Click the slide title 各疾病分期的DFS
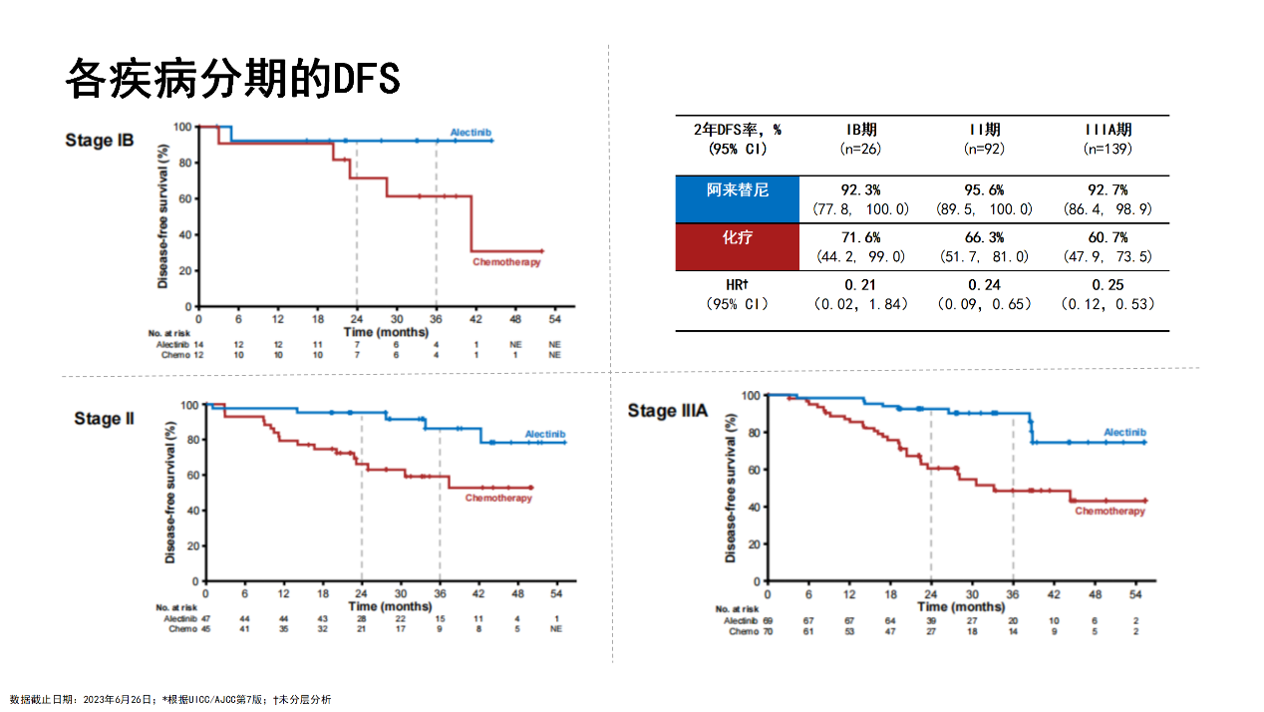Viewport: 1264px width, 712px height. tap(232, 78)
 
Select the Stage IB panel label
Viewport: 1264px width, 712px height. tap(100, 141)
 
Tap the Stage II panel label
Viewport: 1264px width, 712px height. tap(104, 419)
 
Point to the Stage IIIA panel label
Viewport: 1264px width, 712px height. tap(668, 411)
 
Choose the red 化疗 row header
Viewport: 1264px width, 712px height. tap(737, 237)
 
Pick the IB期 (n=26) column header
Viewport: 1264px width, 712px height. tap(861, 139)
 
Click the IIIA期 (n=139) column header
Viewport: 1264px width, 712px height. tap(1107, 139)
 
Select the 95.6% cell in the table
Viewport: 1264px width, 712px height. tap(984, 189)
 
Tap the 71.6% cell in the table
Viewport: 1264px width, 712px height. tap(860, 238)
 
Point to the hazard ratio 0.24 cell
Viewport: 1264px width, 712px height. tap(984, 285)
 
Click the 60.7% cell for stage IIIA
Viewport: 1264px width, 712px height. tap(1107, 238)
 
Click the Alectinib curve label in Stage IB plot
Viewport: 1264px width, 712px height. tap(471, 133)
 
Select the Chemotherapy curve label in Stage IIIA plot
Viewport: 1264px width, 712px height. tap(1109, 512)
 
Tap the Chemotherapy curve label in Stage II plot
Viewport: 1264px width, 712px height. tap(498, 498)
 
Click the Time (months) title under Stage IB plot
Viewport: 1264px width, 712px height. tap(386, 330)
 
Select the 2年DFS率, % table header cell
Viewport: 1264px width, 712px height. tap(737, 139)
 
